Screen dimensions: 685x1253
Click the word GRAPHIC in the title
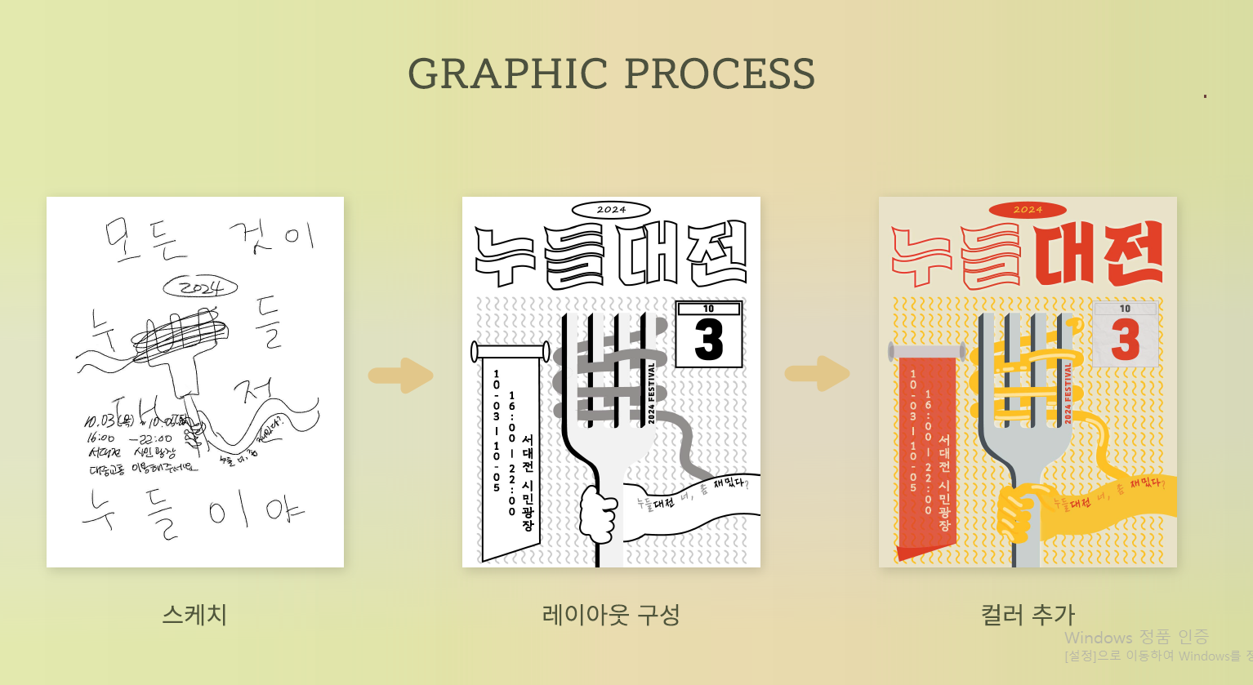507,74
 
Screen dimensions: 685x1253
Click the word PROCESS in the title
720,74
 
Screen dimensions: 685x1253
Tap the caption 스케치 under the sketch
194,615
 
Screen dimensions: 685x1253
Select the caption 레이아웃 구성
611,615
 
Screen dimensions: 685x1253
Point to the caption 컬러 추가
1028,615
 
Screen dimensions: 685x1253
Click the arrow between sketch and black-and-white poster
401,375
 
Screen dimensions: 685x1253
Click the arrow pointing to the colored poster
818,374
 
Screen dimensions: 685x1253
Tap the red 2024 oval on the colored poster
1028,210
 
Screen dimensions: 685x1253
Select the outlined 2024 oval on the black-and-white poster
611,210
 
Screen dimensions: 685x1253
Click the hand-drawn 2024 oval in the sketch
200,287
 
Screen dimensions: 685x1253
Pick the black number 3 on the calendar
709,340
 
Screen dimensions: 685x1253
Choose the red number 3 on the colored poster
1126,340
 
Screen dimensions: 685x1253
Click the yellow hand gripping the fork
1021,514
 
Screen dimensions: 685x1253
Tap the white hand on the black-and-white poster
599,514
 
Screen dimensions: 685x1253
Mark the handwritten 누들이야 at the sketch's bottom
193,513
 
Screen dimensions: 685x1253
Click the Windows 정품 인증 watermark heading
1136,638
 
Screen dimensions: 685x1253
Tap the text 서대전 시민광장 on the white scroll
528,482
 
